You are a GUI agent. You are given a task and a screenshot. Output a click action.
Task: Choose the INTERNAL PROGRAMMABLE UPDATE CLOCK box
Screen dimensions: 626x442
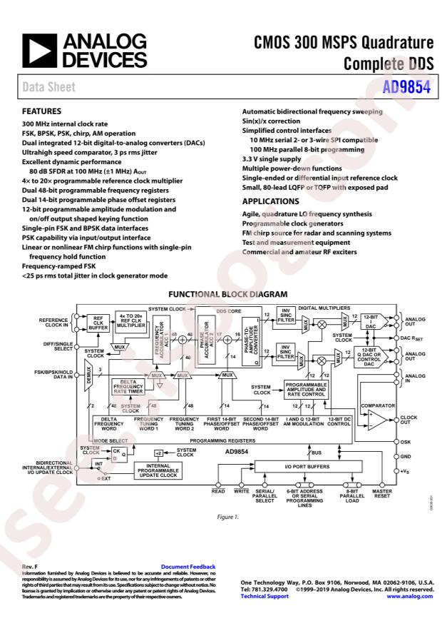click(166, 471)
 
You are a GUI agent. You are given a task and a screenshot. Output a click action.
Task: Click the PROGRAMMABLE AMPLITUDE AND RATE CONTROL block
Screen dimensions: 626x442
click(305, 389)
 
